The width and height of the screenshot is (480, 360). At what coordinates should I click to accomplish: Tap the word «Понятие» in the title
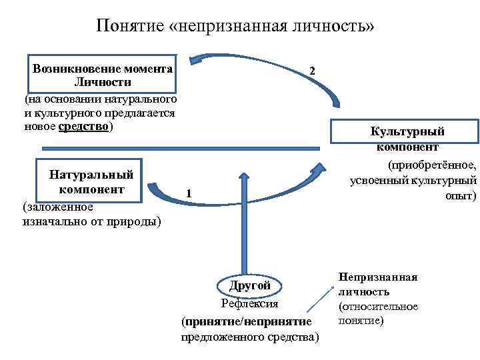click(128, 26)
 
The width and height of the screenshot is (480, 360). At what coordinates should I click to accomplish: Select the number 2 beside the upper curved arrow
click(313, 71)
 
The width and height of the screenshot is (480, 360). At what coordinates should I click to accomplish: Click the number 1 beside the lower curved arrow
click(189, 193)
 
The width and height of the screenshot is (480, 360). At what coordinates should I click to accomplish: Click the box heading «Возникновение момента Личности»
click(103, 75)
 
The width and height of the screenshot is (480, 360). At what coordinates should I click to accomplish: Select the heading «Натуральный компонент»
click(91, 181)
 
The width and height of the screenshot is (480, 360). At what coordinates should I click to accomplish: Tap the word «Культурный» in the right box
click(407, 131)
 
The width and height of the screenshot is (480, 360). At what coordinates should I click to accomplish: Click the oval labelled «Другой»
click(249, 285)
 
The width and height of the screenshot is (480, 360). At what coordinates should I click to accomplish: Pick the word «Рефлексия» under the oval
click(249, 304)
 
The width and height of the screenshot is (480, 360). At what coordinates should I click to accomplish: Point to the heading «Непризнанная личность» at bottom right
click(377, 283)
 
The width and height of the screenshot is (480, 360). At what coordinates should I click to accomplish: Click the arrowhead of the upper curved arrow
click(194, 61)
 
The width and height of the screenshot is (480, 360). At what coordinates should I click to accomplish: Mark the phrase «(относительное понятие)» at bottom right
click(377, 313)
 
